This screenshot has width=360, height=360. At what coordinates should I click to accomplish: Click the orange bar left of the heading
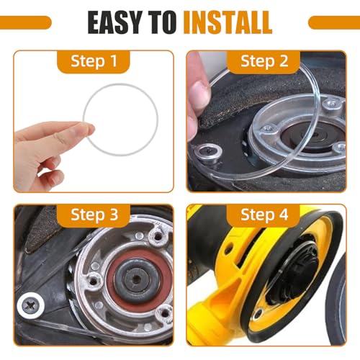(25, 22)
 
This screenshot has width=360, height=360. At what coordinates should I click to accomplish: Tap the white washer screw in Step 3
(32, 306)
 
